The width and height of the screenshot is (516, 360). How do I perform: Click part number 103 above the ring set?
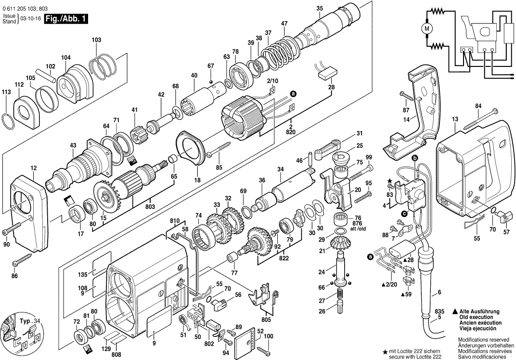coord(96,39)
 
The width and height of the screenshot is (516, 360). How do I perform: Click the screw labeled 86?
coord(23,260)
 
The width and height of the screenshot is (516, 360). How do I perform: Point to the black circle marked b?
coord(414,157)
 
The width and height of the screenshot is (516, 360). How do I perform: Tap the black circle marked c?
coord(403,214)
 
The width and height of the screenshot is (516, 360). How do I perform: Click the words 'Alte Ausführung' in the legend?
coord(480,312)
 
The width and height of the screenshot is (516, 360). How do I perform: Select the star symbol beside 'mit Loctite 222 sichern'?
coord(385,351)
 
